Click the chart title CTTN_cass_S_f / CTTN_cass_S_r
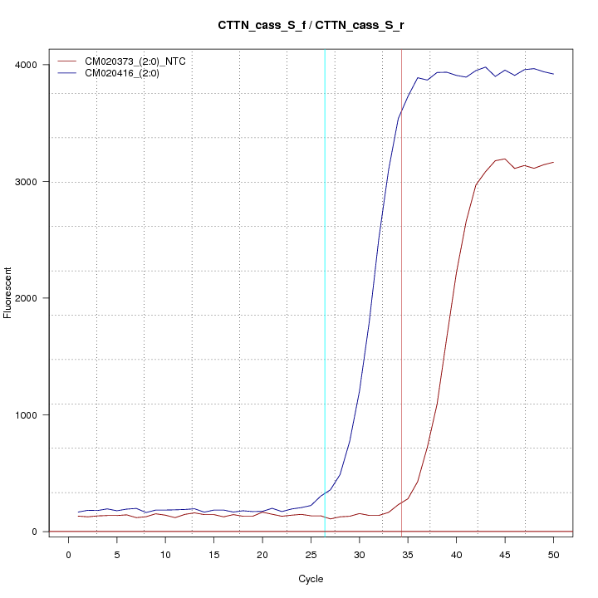tap(311, 26)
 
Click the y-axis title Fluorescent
tap(9, 292)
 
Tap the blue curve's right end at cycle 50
tap(553, 74)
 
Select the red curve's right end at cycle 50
tap(553, 162)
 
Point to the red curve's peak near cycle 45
tap(505, 159)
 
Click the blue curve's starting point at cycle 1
tap(78, 512)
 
